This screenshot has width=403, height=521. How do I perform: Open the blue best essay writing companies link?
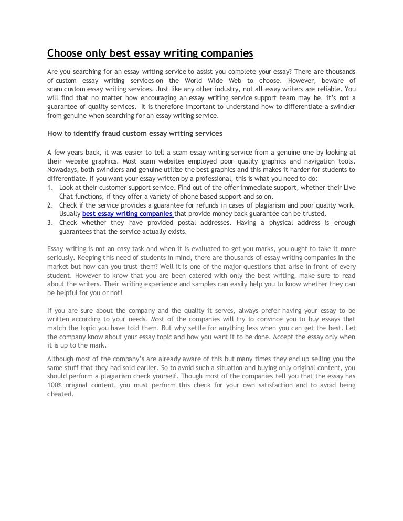coord(128,214)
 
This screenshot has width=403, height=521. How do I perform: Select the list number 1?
coord(50,187)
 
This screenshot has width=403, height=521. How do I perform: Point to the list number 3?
coord(50,223)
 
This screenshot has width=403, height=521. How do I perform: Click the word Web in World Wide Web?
coord(234,80)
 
